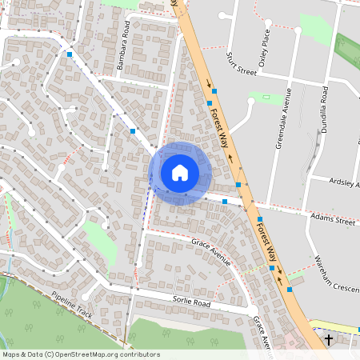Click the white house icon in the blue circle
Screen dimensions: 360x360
coord(180,172)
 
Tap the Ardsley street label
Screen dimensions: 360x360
coord(345,182)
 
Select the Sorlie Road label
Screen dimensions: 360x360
coord(190,304)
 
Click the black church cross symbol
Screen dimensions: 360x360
coord(330,341)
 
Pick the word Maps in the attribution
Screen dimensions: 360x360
coord(12,354)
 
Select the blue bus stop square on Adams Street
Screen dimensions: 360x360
coord(226,202)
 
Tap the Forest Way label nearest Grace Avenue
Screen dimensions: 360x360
coord(266,240)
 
